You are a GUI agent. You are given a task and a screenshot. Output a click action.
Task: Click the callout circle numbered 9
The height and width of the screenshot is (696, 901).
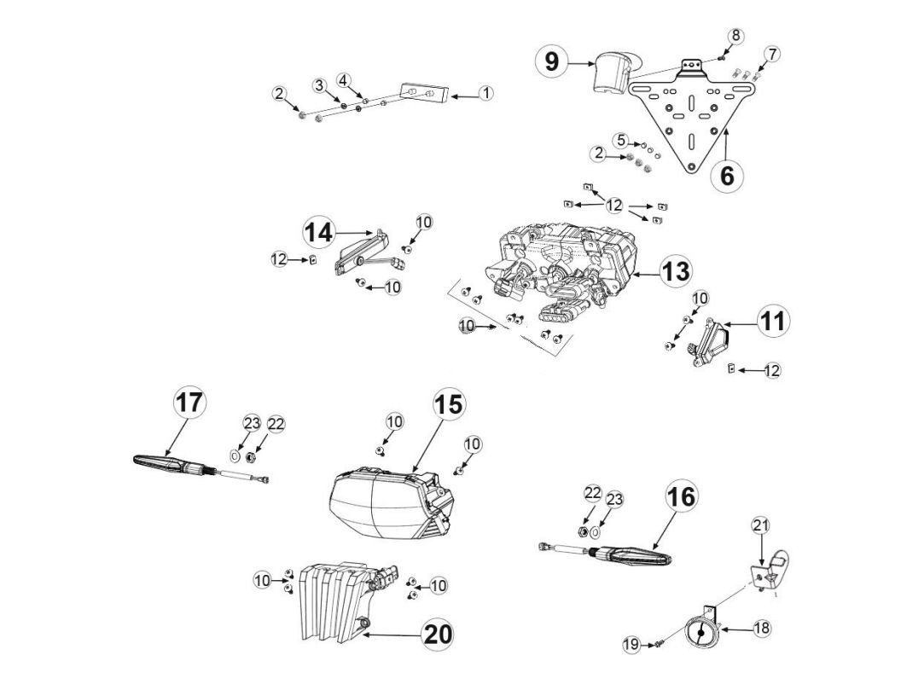[x=552, y=61]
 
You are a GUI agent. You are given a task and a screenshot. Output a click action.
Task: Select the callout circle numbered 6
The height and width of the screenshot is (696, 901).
[x=726, y=176]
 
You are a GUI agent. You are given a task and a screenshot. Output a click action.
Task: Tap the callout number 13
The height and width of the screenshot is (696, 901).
[x=675, y=272]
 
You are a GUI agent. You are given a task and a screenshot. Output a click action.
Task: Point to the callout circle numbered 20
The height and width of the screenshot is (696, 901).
[x=438, y=634]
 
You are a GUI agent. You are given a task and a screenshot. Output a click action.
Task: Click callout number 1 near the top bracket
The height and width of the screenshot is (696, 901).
[x=485, y=93]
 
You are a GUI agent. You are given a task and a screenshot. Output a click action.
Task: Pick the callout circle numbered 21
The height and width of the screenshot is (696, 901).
[x=761, y=525]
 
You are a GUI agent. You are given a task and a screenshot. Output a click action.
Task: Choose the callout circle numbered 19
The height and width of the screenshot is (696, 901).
[x=631, y=645]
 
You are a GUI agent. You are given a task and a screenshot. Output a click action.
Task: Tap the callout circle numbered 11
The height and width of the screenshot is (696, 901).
[x=773, y=321]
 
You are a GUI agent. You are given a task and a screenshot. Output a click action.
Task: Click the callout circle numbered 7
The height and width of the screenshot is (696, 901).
[x=771, y=55]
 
